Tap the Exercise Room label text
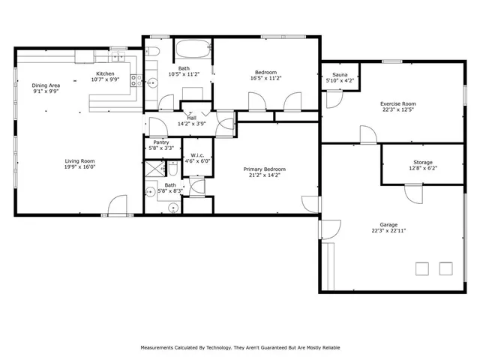397,104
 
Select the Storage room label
422,163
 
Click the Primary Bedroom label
265,169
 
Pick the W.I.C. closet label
193,155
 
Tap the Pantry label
161,142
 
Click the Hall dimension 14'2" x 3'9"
192,124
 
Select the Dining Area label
45,85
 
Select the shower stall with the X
153,169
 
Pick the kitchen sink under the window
118,56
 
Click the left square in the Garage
422,268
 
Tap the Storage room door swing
413,193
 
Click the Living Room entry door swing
118,205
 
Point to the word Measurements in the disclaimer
162,347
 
